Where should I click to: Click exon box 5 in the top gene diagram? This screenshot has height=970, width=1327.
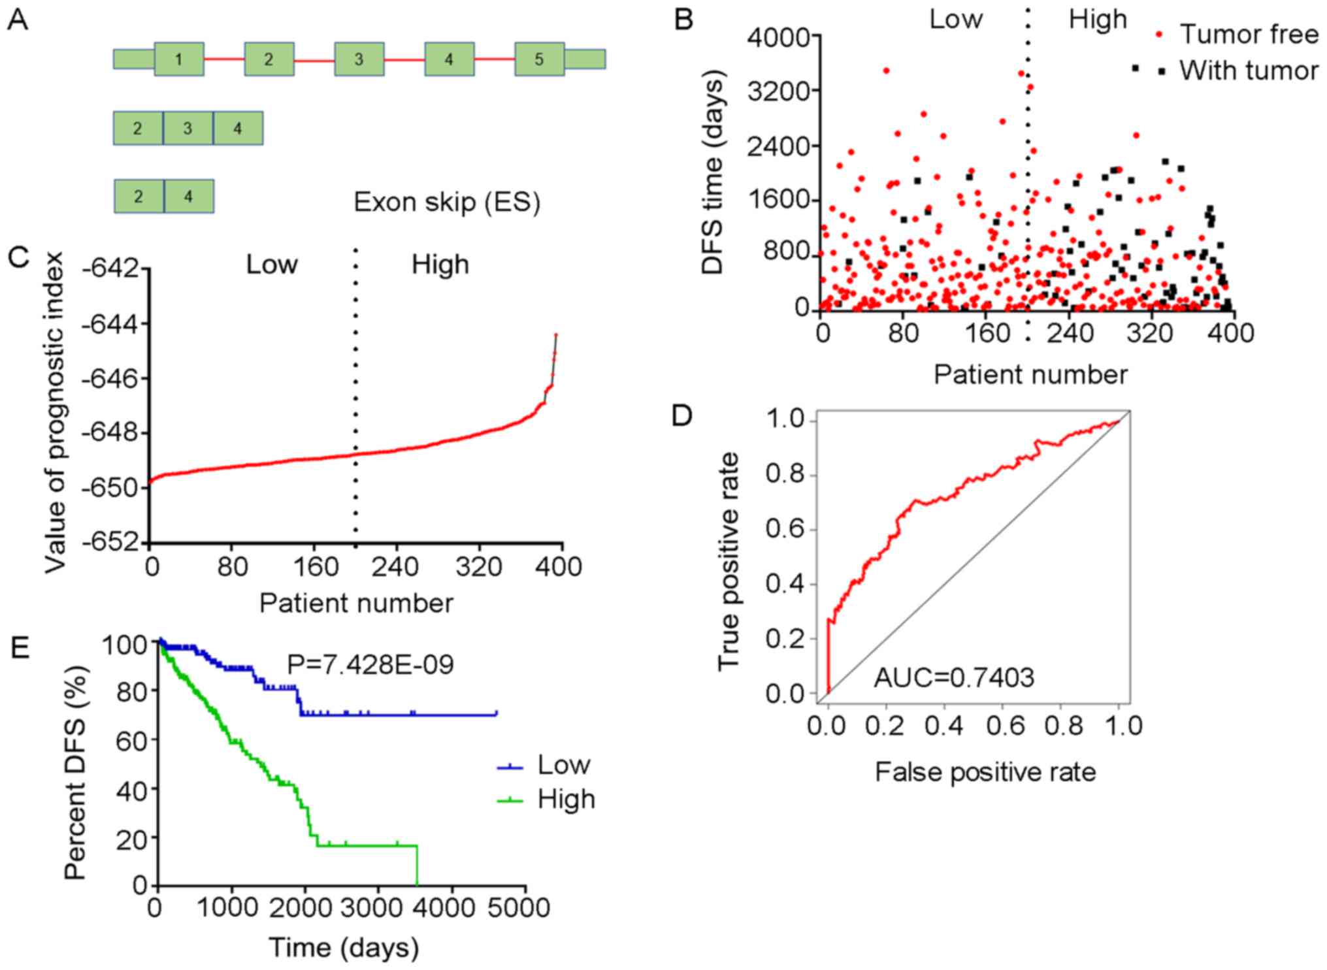tap(539, 59)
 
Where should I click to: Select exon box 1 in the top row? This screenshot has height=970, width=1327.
tap(179, 59)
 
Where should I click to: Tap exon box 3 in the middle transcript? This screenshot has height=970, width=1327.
tap(188, 128)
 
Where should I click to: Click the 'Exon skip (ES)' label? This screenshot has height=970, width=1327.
tap(447, 202)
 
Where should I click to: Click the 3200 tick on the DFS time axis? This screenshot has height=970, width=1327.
tap(778, 89)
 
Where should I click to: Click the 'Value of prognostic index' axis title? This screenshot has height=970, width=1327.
tap(56, 413)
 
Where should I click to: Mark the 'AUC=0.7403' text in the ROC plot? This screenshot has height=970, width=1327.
tap(954, 678)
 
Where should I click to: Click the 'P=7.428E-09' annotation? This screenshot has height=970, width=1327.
tap(370, 665)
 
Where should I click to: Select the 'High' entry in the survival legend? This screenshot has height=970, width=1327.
tap(566, 800)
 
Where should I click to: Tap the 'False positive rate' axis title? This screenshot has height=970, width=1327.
tap(985, 772)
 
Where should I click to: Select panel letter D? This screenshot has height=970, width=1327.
tap(681, 416)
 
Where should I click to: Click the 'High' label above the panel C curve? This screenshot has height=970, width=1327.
tap(440, 265)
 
